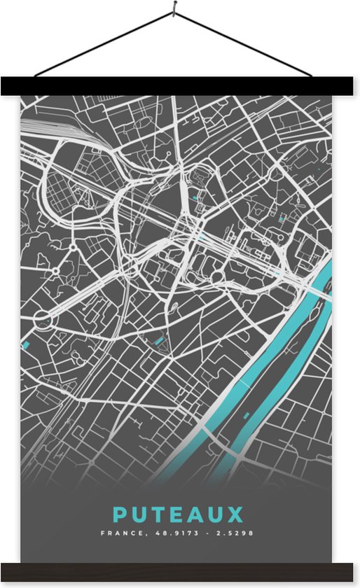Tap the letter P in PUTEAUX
tap(120, 515)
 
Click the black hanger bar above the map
tap(179, 86)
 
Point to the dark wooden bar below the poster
tap(179, 571)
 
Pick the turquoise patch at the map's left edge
tap(26, 344)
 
